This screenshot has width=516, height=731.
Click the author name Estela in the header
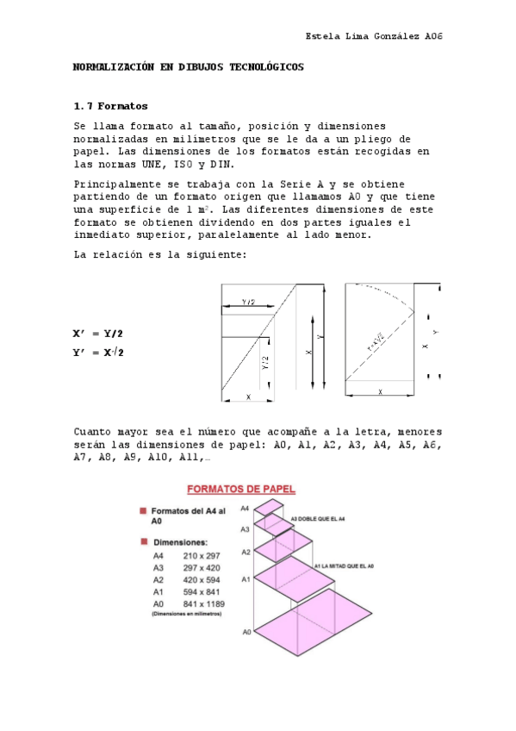coord(322,37)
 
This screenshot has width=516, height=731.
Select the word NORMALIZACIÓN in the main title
coord(113,66)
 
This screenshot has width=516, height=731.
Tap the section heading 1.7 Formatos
coord(111,106)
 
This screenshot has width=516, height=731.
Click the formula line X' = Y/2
coord(98,334)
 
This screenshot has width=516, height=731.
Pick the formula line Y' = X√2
coord(98,352)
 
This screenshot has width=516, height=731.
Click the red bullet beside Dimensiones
coord(143,542)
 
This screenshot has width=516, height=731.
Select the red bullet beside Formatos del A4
coord(143,511)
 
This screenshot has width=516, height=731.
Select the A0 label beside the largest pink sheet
coord(246,632)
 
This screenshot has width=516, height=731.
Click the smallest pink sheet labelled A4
coord(274,506)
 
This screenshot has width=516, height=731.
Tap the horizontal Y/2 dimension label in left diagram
coord(247,302)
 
